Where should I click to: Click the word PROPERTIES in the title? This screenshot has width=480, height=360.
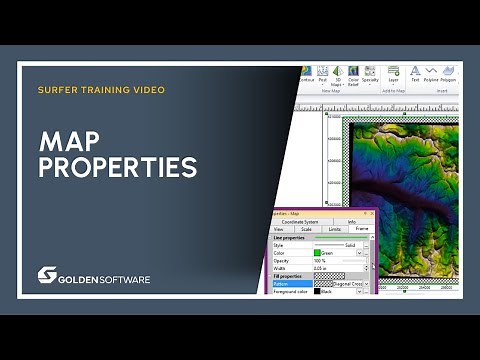pyautogui.click(x=117, y=167)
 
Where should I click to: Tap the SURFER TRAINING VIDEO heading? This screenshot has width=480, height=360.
pyautogui.click(x=101, y=89)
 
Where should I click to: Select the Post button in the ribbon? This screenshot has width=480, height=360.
pyautogui.click(x=337, y=76)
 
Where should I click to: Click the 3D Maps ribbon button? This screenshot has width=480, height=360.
pyautogui.click(x=353, y=76)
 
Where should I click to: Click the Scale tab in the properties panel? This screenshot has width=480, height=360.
pyautogui.click(x=305, y=229)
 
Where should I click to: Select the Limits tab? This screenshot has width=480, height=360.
pyautogui.click(x=333, y=229)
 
